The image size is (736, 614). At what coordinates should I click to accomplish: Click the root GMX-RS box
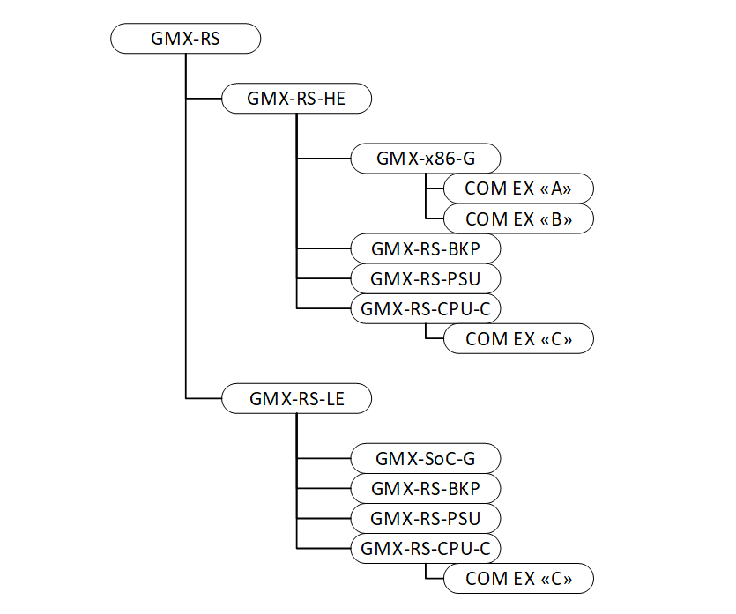coord(186,39)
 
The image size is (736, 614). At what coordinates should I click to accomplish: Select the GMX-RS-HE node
coord(296,99)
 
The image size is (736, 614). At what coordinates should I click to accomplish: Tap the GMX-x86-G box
coord(426,159)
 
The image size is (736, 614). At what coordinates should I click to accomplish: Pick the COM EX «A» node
coord(518,189)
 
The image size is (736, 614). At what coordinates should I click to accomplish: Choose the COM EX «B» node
coord(518,218)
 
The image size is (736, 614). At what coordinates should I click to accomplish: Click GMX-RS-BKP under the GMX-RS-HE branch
coord(426,248)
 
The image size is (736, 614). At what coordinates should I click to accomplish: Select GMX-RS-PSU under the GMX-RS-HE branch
coord(426,278)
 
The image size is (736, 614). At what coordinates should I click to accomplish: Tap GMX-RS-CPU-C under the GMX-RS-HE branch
coord(426,308)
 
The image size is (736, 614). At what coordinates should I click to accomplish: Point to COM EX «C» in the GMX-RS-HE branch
coord(518,338)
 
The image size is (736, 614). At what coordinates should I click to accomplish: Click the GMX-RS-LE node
coord(296,398)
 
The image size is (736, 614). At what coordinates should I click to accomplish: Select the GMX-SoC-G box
coord(426,458)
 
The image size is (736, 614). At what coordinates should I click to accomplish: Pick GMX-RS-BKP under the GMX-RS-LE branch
coord(426,488)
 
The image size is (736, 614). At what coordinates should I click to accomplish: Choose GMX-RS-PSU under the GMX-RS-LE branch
coord(426,518)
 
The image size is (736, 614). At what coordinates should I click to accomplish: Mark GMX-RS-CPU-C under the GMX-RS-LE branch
coord(426,548)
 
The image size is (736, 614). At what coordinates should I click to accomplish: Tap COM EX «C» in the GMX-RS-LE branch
coord(518,579)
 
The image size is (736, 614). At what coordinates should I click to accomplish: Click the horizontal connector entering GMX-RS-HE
coord(204,99)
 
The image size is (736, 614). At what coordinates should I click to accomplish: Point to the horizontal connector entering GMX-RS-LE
coord(204,398)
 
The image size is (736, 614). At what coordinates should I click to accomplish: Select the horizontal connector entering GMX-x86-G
coord(323,159)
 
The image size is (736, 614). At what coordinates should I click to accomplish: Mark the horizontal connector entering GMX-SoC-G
coord(323,458)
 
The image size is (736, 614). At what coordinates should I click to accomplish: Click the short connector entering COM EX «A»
coord(435,189)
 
